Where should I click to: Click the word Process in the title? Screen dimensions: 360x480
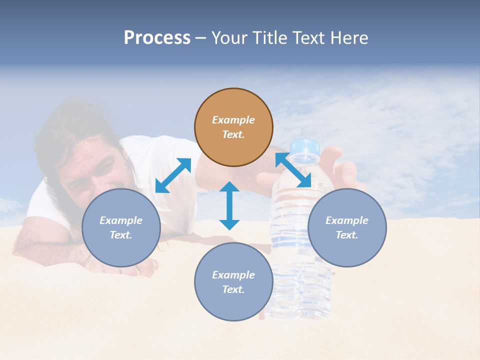pos(157,38)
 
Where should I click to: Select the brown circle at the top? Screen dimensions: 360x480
pos(233,127)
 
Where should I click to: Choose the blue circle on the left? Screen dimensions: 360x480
pos(121,227)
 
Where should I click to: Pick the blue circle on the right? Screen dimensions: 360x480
pos(347,227)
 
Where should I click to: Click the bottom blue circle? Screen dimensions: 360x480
pos(233,282)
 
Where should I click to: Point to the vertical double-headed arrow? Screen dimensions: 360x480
pos(229,205)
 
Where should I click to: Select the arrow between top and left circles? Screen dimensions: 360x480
pos(173,175)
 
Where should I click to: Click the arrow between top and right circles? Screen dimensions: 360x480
pos(293,169)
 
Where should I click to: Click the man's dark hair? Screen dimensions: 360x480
pos(65,125)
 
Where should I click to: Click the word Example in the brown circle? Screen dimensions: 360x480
pos(233,120)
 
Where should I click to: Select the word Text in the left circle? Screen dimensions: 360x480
pos(121,235)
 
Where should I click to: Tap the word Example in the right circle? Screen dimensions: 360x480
pos(347,220)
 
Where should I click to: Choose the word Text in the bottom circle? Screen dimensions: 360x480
pos(233,289)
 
